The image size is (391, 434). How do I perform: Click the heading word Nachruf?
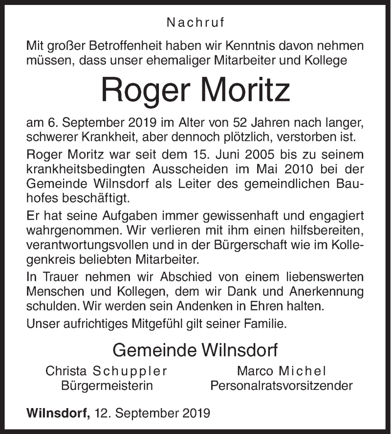[x=195, y=22]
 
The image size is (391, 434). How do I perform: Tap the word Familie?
[x=259, y=323]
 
